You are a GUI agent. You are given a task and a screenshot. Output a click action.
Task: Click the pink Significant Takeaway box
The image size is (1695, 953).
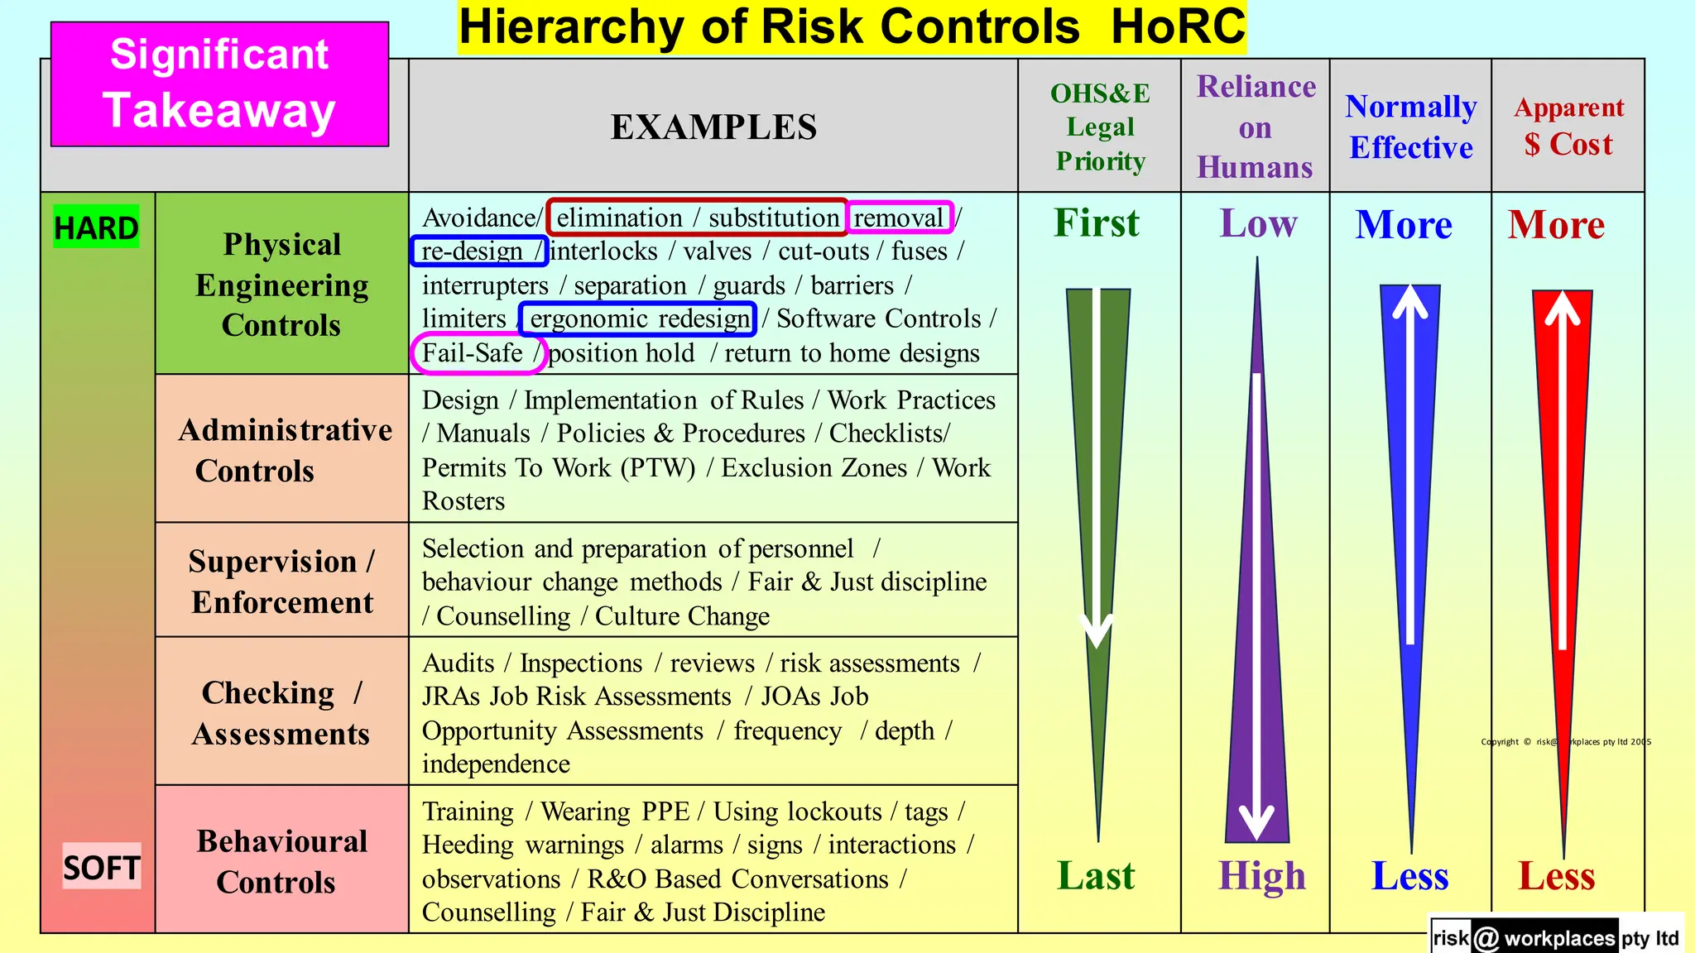(x=219, y=84)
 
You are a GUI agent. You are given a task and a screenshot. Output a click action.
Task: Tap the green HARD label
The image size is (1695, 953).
(x=96, y=227)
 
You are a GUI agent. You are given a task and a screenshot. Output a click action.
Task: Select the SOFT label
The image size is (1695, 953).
(x=102, y=867)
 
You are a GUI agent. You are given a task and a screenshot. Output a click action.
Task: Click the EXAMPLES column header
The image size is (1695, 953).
(x=713, y=127)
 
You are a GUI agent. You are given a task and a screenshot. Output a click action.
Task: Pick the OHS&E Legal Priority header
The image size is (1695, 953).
(x=1100, y=127)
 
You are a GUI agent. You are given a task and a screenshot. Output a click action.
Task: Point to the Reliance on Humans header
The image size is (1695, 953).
(x=1256, y=127)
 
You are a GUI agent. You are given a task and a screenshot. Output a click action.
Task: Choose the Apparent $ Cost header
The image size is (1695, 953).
(x=1568, y=127)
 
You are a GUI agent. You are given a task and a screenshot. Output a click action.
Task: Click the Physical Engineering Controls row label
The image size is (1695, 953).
(x=281, y=284)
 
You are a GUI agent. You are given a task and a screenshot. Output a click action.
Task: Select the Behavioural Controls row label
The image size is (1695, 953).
(x=281, y=860)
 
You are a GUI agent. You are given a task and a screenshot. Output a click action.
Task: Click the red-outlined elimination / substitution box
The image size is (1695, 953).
(x=697, y=218)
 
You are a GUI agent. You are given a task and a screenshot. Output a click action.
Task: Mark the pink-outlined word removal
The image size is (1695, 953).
(x=900, y=218)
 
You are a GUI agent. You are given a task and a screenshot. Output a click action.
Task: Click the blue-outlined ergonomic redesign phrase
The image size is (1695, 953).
(x=638, y=318)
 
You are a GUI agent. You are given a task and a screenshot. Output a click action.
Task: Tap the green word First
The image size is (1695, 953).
(x=1097, y=223)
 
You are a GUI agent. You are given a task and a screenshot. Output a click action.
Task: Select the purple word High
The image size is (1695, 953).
(x=1261, y=876)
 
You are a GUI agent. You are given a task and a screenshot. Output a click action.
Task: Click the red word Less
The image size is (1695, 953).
(x=1556, y=876)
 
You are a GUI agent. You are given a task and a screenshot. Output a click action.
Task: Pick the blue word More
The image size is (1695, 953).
(x=1404, y=225)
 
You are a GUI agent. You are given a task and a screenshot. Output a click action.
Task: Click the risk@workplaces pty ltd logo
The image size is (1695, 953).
(x=1556, y=937)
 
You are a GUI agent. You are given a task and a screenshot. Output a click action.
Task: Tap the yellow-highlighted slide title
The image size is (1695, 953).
(x=852, y=27)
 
